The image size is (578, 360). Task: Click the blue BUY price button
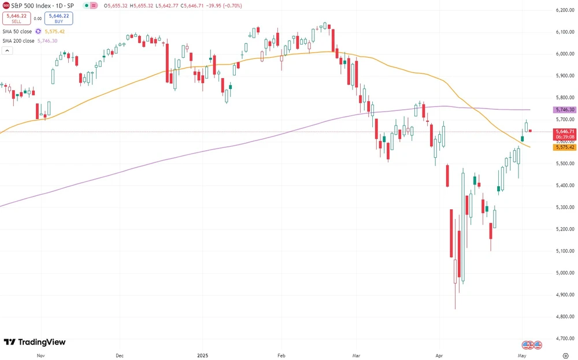[58, 18]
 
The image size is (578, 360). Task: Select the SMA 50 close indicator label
[17, 32]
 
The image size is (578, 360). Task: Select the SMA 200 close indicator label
[18, 41]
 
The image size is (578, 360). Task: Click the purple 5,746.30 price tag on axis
[564, 110]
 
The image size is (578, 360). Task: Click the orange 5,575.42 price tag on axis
[564, 147]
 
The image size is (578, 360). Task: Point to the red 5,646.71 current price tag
[564, 132]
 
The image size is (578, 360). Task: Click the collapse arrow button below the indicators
[7, 51]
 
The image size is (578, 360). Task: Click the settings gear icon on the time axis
[565, 357]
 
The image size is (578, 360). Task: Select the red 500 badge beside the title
[6, 5]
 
